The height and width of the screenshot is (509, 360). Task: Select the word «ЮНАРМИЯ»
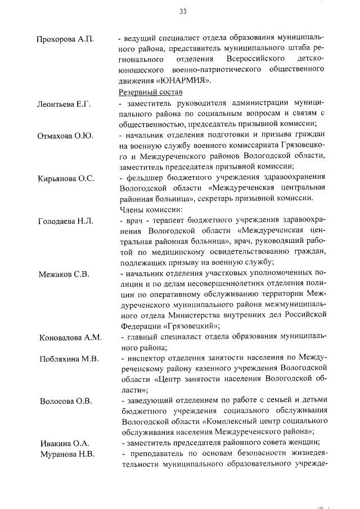181,80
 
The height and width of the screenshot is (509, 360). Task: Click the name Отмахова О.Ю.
65,136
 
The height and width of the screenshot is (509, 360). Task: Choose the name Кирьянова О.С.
66,178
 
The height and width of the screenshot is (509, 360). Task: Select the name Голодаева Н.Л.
65,221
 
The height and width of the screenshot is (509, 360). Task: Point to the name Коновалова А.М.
70,337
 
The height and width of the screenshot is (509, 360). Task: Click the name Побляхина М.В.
68,358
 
